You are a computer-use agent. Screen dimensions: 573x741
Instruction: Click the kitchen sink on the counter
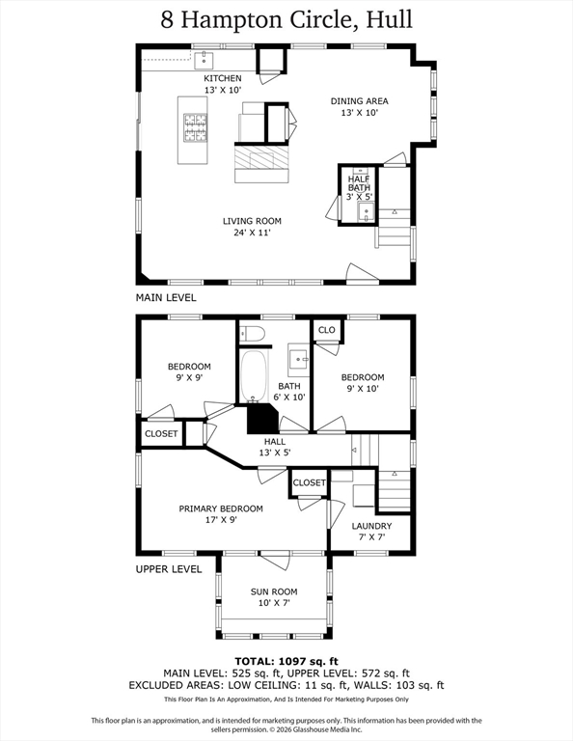coord(204,61)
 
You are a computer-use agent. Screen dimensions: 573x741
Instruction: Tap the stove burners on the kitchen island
coord(195,127)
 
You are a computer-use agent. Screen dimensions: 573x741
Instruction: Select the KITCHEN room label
coord(223,78)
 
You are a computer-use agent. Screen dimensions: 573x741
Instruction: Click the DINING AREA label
coord(360,101)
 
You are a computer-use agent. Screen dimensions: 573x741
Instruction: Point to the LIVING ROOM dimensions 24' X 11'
coord(252,233)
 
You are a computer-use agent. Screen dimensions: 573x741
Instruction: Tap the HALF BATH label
coord(359,183)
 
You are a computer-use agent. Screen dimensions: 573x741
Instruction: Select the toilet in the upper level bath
coord(252,334)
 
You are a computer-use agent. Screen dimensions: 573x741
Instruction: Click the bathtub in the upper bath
coord(254,376)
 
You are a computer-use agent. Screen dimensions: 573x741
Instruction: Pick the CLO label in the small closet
coord(327,330)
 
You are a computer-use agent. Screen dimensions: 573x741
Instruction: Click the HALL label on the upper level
coord(275,441)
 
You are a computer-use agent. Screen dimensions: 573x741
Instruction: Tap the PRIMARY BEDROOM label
coord(221,508)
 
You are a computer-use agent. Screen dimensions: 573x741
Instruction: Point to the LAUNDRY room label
coord(371,526)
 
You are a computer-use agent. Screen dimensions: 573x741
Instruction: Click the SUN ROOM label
coord(274,591)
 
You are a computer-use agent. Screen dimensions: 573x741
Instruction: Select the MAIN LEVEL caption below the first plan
coord(166,298)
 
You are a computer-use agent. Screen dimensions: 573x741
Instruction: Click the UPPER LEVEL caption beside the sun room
coord(169,569)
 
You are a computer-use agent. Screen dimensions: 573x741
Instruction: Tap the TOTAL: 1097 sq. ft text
coord(286,662)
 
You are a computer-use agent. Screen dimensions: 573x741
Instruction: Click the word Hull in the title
coord(390,20)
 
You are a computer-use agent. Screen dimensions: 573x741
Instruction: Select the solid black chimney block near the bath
coord(262,418)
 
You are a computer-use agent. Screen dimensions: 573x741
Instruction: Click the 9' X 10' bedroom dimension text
coord(363,389)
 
